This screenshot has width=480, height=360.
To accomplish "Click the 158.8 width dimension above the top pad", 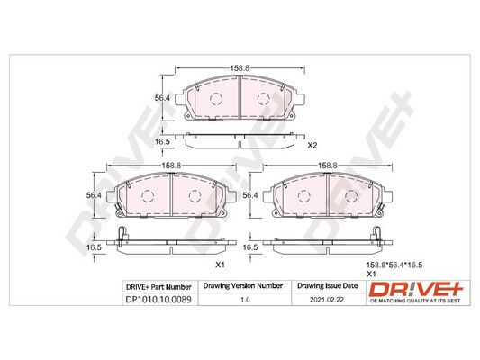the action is pyautogui.click(x=239, y=67).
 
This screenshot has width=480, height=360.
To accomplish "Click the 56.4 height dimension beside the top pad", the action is pyautogui.click(x=162, y=98).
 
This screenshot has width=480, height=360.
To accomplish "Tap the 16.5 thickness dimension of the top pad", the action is pyautogui.click(x=162, y=141).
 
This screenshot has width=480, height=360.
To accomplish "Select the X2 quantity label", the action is pyautogui.click(x=312, y=146).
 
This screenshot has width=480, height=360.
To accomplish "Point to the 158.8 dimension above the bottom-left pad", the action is pyautogui.click(x=171, y=166).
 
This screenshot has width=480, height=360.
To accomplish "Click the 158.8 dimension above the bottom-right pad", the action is pyautogui.click(x=327, y=166).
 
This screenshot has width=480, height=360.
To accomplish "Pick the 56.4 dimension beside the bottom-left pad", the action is pyautogui.click(x=94, y=195).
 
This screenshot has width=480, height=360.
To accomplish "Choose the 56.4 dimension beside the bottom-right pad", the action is pyautogui.click(x=250, y=195).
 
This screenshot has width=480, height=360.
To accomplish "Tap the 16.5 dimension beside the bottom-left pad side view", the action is pyautogui.click(x=94, y=247).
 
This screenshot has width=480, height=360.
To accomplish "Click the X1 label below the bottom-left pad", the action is pyautogui.click(x=220, y=265).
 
